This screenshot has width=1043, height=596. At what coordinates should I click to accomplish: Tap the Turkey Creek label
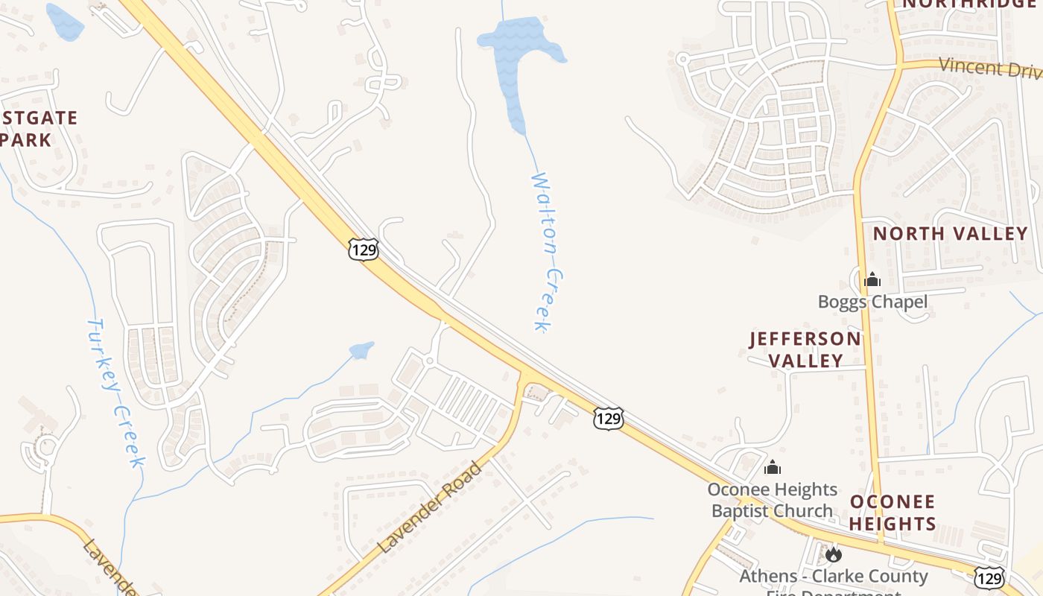click(x=115, y=393)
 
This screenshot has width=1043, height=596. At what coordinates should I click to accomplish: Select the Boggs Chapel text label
click(x=872, y=302)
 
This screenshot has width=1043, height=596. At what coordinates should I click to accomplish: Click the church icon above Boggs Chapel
click(x=872, y=280)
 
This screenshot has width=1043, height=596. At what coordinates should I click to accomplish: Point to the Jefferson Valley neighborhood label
click(x=805, y=349)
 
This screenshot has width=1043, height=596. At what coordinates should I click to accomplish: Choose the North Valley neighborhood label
click(x=950, y=233)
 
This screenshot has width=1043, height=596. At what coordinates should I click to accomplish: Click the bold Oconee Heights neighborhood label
click(x=893, y=512)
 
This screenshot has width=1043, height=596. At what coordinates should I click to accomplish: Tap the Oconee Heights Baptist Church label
click(x=772, y=500)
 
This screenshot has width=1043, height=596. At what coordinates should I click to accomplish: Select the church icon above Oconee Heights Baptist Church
click(x=773, y=467)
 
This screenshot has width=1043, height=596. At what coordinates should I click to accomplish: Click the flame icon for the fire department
click(x=833, y=554)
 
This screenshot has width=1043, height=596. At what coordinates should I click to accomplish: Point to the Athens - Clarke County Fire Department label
click(x=833, y=577)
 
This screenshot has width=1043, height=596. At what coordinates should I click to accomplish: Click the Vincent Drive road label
click(x=989, y=67)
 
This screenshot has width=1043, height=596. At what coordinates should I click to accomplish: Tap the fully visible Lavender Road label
click(x=430, y=507)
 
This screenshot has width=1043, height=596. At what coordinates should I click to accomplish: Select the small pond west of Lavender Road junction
click(x=361, y=350)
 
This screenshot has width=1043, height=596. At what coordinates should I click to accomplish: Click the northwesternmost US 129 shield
click(x=363, y=249)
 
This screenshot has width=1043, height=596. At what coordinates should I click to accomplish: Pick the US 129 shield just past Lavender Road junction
click(x=608, y=419)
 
